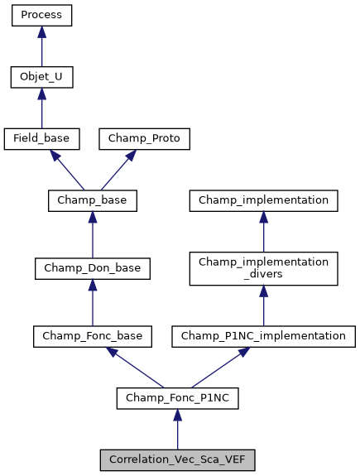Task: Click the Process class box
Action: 41,16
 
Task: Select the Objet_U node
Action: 41,78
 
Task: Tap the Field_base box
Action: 41,139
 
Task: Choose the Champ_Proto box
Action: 145,139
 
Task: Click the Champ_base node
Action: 92,200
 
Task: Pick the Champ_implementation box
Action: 263,200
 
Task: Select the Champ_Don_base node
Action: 92,268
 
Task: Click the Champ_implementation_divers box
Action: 263,268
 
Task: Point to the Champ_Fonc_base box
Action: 92,336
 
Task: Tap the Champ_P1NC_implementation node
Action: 263,336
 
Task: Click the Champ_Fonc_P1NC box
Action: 177,398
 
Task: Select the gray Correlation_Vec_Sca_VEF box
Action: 177,460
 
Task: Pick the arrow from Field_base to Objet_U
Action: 41,108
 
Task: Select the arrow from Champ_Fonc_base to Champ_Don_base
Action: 92,302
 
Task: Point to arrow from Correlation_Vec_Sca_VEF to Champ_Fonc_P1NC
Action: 177,430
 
